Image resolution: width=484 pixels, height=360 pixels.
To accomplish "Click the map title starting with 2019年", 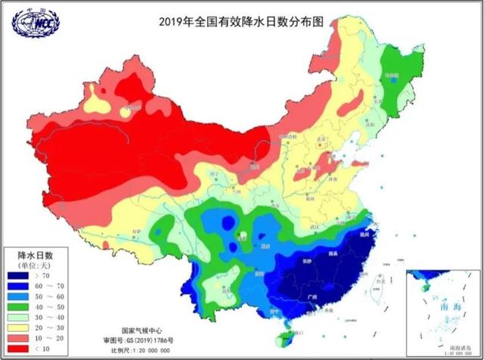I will (241, 22).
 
